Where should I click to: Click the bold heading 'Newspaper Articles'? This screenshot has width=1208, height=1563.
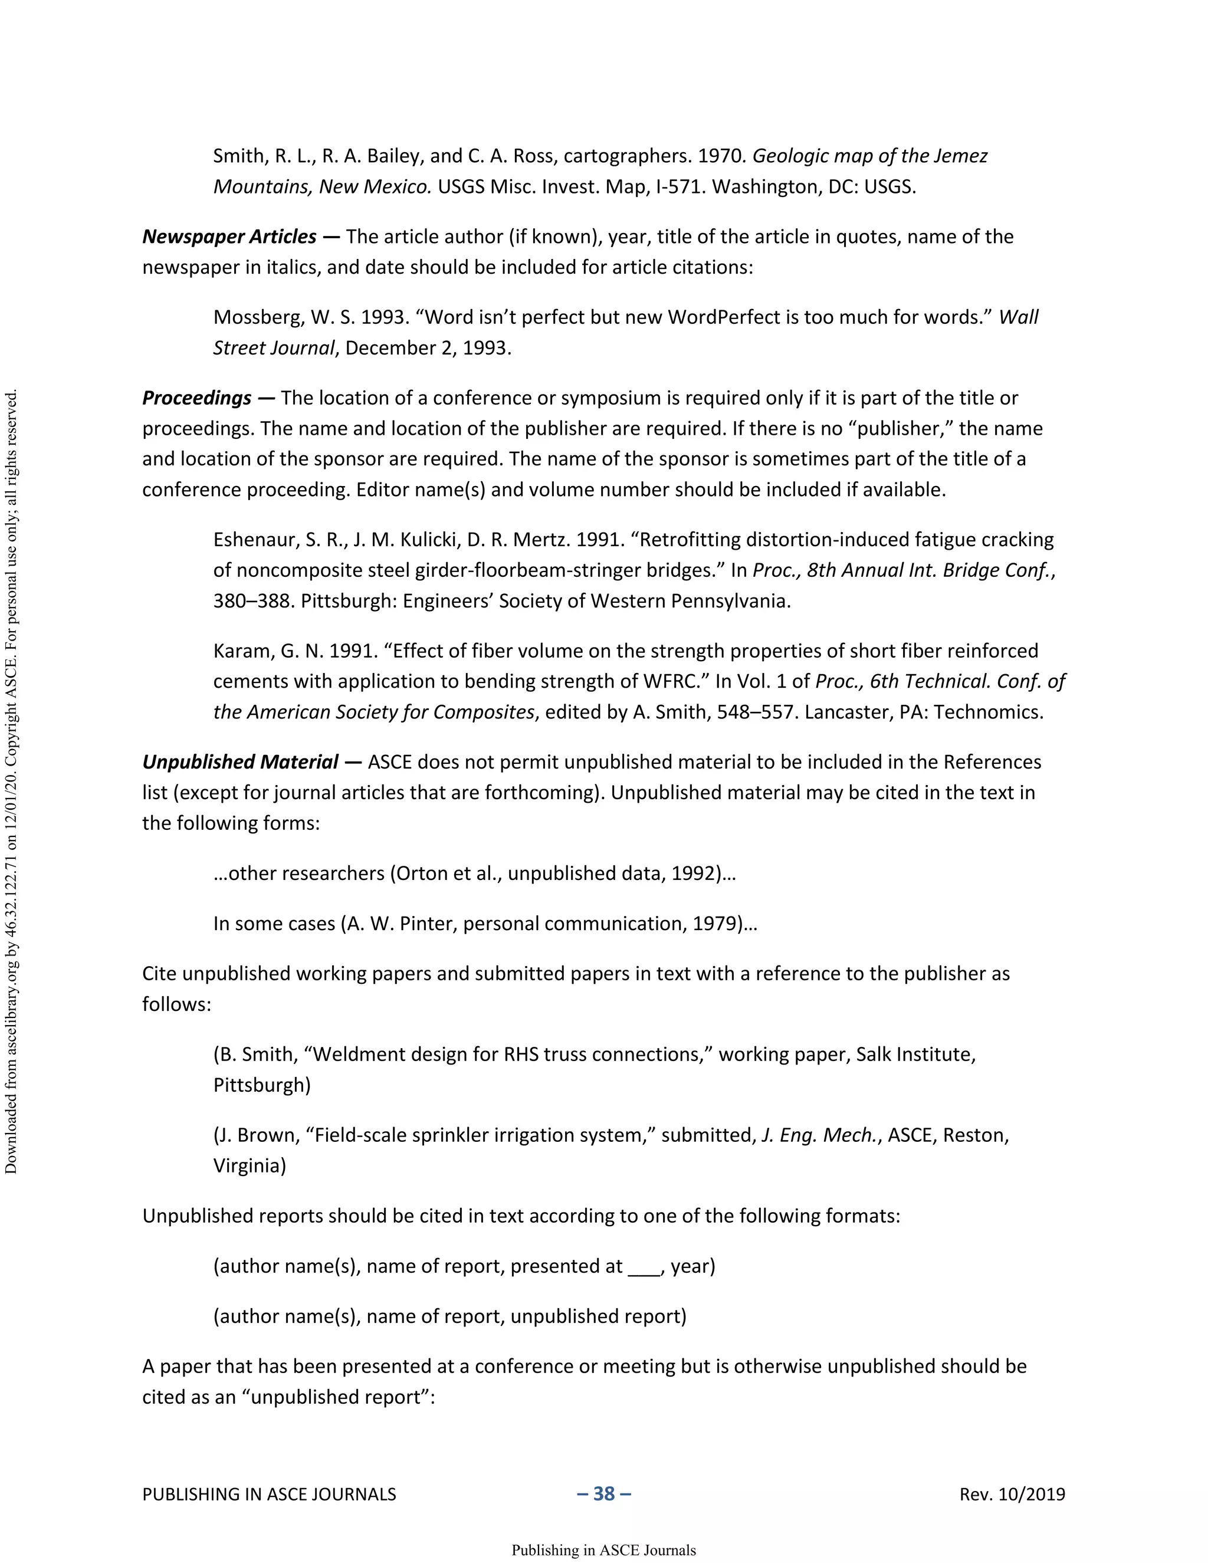pyautogui.click(x=229, y=237)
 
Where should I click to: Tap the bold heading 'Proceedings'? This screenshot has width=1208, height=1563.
pyautogui.click(x=197, y=398)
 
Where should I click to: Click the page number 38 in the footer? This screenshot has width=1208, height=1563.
pyautogui.click(x=604, y=1493)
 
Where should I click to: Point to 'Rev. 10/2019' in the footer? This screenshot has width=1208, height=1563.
pyautogui.click(x=1012, y=1495)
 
